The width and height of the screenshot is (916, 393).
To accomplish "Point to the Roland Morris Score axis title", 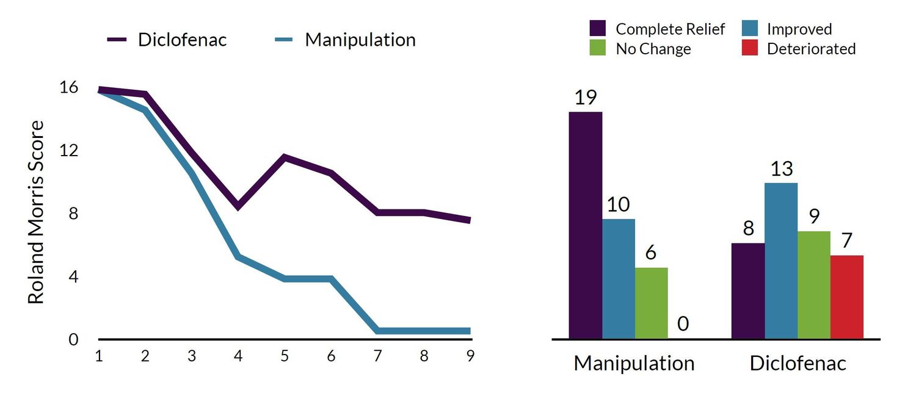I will (x=37, y=212).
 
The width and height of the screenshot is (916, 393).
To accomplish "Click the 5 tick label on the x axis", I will (x=285, y=356).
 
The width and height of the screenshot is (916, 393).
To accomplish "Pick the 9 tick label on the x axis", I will (x=470, y=356).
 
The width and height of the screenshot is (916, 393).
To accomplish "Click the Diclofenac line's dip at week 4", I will (x=238, y=206).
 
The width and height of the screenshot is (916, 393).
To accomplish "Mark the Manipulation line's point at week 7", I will (x=378, y=330).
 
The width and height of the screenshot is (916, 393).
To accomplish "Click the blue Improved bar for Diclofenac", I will (x=781, y=261).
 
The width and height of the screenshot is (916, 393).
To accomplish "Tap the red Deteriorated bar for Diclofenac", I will (x=847, y=297).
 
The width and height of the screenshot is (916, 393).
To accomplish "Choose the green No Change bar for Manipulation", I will (x=652, y=303).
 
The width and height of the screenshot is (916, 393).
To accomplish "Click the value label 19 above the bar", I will (x=585, y=98).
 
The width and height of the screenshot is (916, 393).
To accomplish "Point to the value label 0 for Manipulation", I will (x=683, y=323).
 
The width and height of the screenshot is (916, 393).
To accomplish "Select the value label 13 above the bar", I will (x=781, y=169).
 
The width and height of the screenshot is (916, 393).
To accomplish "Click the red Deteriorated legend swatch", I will (x=751, y=48).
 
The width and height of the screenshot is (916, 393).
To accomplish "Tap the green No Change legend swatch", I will (x=598, y=48).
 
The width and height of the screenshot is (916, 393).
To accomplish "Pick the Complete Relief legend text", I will (x=670, y=29).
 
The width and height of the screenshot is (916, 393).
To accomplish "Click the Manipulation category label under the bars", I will (x=634, y=364).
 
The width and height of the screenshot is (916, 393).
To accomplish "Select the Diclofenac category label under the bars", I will (x=798, y=364).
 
